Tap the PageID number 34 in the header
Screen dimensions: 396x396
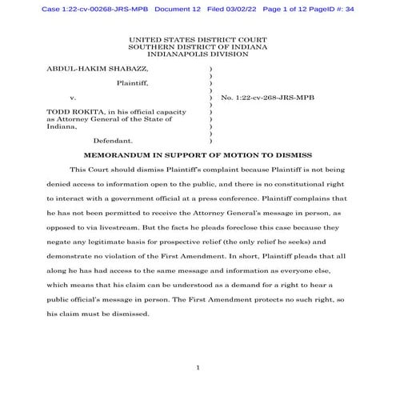click(358, 8)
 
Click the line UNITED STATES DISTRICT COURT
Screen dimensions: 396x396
click(198, 38)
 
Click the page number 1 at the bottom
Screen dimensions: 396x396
click(197, 367)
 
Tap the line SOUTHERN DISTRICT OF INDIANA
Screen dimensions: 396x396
click(198, 46)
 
